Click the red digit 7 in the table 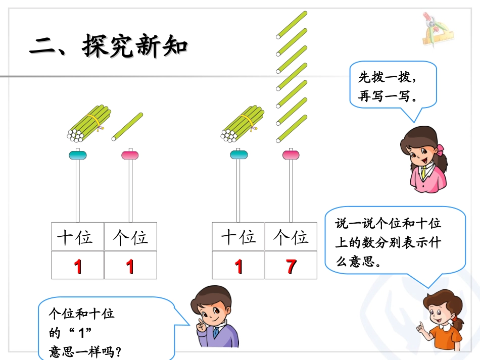point(291,266)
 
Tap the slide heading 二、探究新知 point(109,46)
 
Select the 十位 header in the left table point(78,237)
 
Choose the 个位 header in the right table point(291,237)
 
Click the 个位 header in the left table point(130,237)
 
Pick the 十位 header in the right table point(238,237)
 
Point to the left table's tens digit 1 point(78,266)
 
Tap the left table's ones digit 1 point(130,266)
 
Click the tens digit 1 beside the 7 point(238,266)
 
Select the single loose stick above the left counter point(127,126)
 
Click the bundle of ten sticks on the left point(88,122)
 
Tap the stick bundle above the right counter point(242,122)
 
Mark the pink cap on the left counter point(130,155)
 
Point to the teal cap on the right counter point(238,155)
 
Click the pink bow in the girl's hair point(441,150)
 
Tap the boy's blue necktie point(216,333)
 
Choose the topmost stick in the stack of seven point(292,24)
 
